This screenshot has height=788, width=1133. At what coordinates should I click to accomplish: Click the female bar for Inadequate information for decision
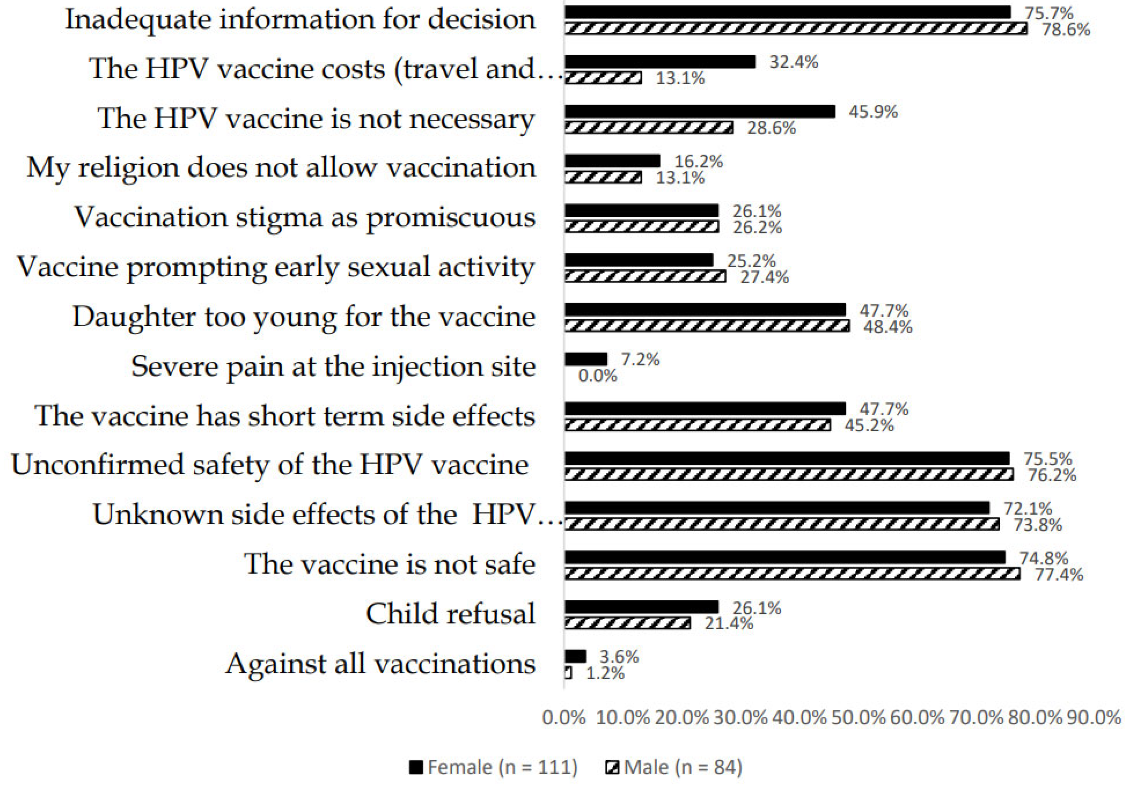(x=787, y=12)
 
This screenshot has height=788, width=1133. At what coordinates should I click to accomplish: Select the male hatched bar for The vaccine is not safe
(x=792, y=574)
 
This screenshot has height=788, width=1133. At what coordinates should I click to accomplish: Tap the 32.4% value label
(x=793, y=62)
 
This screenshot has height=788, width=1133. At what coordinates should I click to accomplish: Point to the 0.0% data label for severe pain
(x=597, y=376)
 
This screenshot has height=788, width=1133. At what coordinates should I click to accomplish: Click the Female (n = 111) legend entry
(x=493, y=767)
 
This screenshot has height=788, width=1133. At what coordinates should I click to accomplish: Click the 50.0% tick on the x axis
(x=858, y=717)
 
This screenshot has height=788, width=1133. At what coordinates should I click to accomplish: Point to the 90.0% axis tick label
(x=1094, y=717)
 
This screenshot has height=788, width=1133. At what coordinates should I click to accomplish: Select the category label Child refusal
(x=450, y=614)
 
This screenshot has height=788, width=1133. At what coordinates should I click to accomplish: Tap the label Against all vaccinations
(x=380, y=664)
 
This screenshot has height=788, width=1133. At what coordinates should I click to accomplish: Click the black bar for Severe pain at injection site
(x=586, y=359)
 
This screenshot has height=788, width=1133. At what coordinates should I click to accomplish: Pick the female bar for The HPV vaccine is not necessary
(x=700, y=111)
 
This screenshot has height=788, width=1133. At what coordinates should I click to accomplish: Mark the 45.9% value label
(x=873, y=111)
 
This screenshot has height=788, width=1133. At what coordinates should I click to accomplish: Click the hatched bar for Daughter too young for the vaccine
(x=707, y=326)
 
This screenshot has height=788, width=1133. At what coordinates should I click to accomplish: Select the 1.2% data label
(x=605, y=673)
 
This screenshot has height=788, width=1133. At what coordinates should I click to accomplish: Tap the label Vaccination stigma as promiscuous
(x=304, y=217)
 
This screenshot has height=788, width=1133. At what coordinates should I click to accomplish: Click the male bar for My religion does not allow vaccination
(x=603, y=177)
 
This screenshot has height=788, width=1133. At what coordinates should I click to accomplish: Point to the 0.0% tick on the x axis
(x=564, y=717)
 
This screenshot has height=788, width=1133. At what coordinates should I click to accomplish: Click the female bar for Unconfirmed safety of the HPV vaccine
(x=787, y=458)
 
